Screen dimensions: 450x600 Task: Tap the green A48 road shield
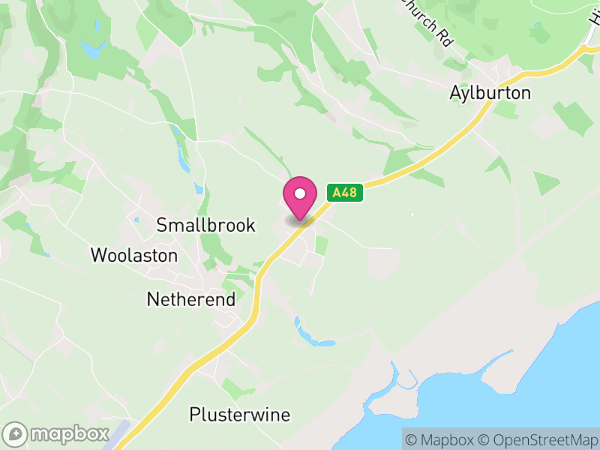click(344, 193)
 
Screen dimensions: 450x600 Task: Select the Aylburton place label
click(490, 93)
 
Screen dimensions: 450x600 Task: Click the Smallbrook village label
click(205, 225)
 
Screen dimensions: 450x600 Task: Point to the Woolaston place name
click(134, 256)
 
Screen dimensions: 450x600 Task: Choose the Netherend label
click(190, 300)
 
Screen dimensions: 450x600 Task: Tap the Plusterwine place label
click(239, 415)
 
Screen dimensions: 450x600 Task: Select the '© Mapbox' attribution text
click(442, 439)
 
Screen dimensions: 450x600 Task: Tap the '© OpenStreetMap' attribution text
click(538, 439)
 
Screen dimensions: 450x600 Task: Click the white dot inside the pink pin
click(300, 193)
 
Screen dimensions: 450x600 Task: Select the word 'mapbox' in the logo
click(67, 434)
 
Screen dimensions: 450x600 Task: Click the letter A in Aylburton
click(455, 93)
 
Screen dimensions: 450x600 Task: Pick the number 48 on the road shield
click(349, 193)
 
